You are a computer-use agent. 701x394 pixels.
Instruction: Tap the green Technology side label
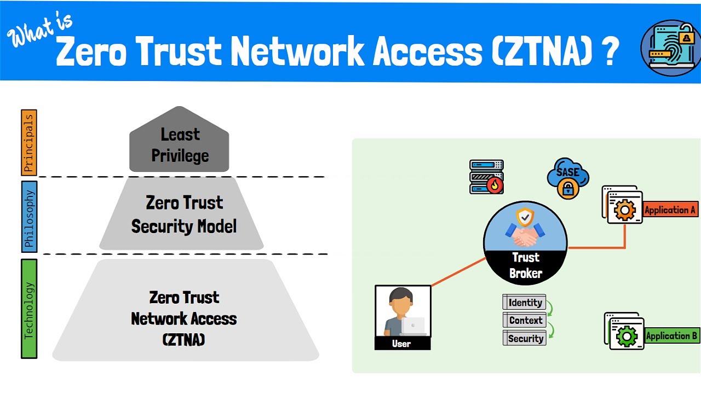[x=28, y=309]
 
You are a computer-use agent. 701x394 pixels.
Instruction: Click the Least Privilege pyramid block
[x=180, y=145]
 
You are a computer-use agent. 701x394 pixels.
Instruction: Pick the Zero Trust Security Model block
[x=184, y=214]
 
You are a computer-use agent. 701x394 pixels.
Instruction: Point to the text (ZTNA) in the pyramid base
[x=184, y=340]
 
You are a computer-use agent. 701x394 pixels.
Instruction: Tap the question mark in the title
[x=609, y=53]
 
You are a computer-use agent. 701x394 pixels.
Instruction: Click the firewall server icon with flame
[x=486, y=177]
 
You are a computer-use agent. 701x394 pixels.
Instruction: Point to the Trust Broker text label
[x=525, y=265]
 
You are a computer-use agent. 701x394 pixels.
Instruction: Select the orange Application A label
[x=670, y=210]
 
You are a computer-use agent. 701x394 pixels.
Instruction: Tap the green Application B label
[x=671, y=336]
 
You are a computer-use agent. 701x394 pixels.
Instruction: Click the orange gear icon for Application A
[x=624, y=210]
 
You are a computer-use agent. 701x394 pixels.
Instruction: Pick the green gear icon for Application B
[x=627, y=335]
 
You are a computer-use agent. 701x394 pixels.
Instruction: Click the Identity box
[x=525, y=303]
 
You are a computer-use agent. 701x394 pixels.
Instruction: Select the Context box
[x=525, y=321]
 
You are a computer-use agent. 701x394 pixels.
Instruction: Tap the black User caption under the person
[x=402, y=344]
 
